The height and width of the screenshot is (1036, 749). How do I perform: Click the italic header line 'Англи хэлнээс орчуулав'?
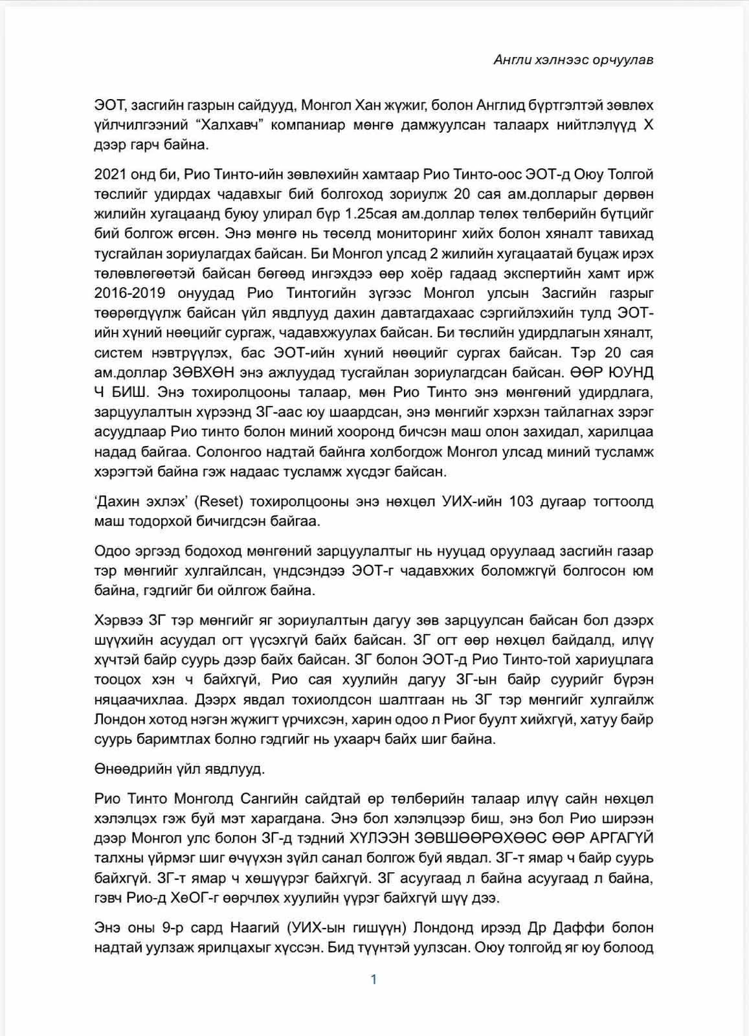574,60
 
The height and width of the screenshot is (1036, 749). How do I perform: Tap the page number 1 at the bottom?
374,979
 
